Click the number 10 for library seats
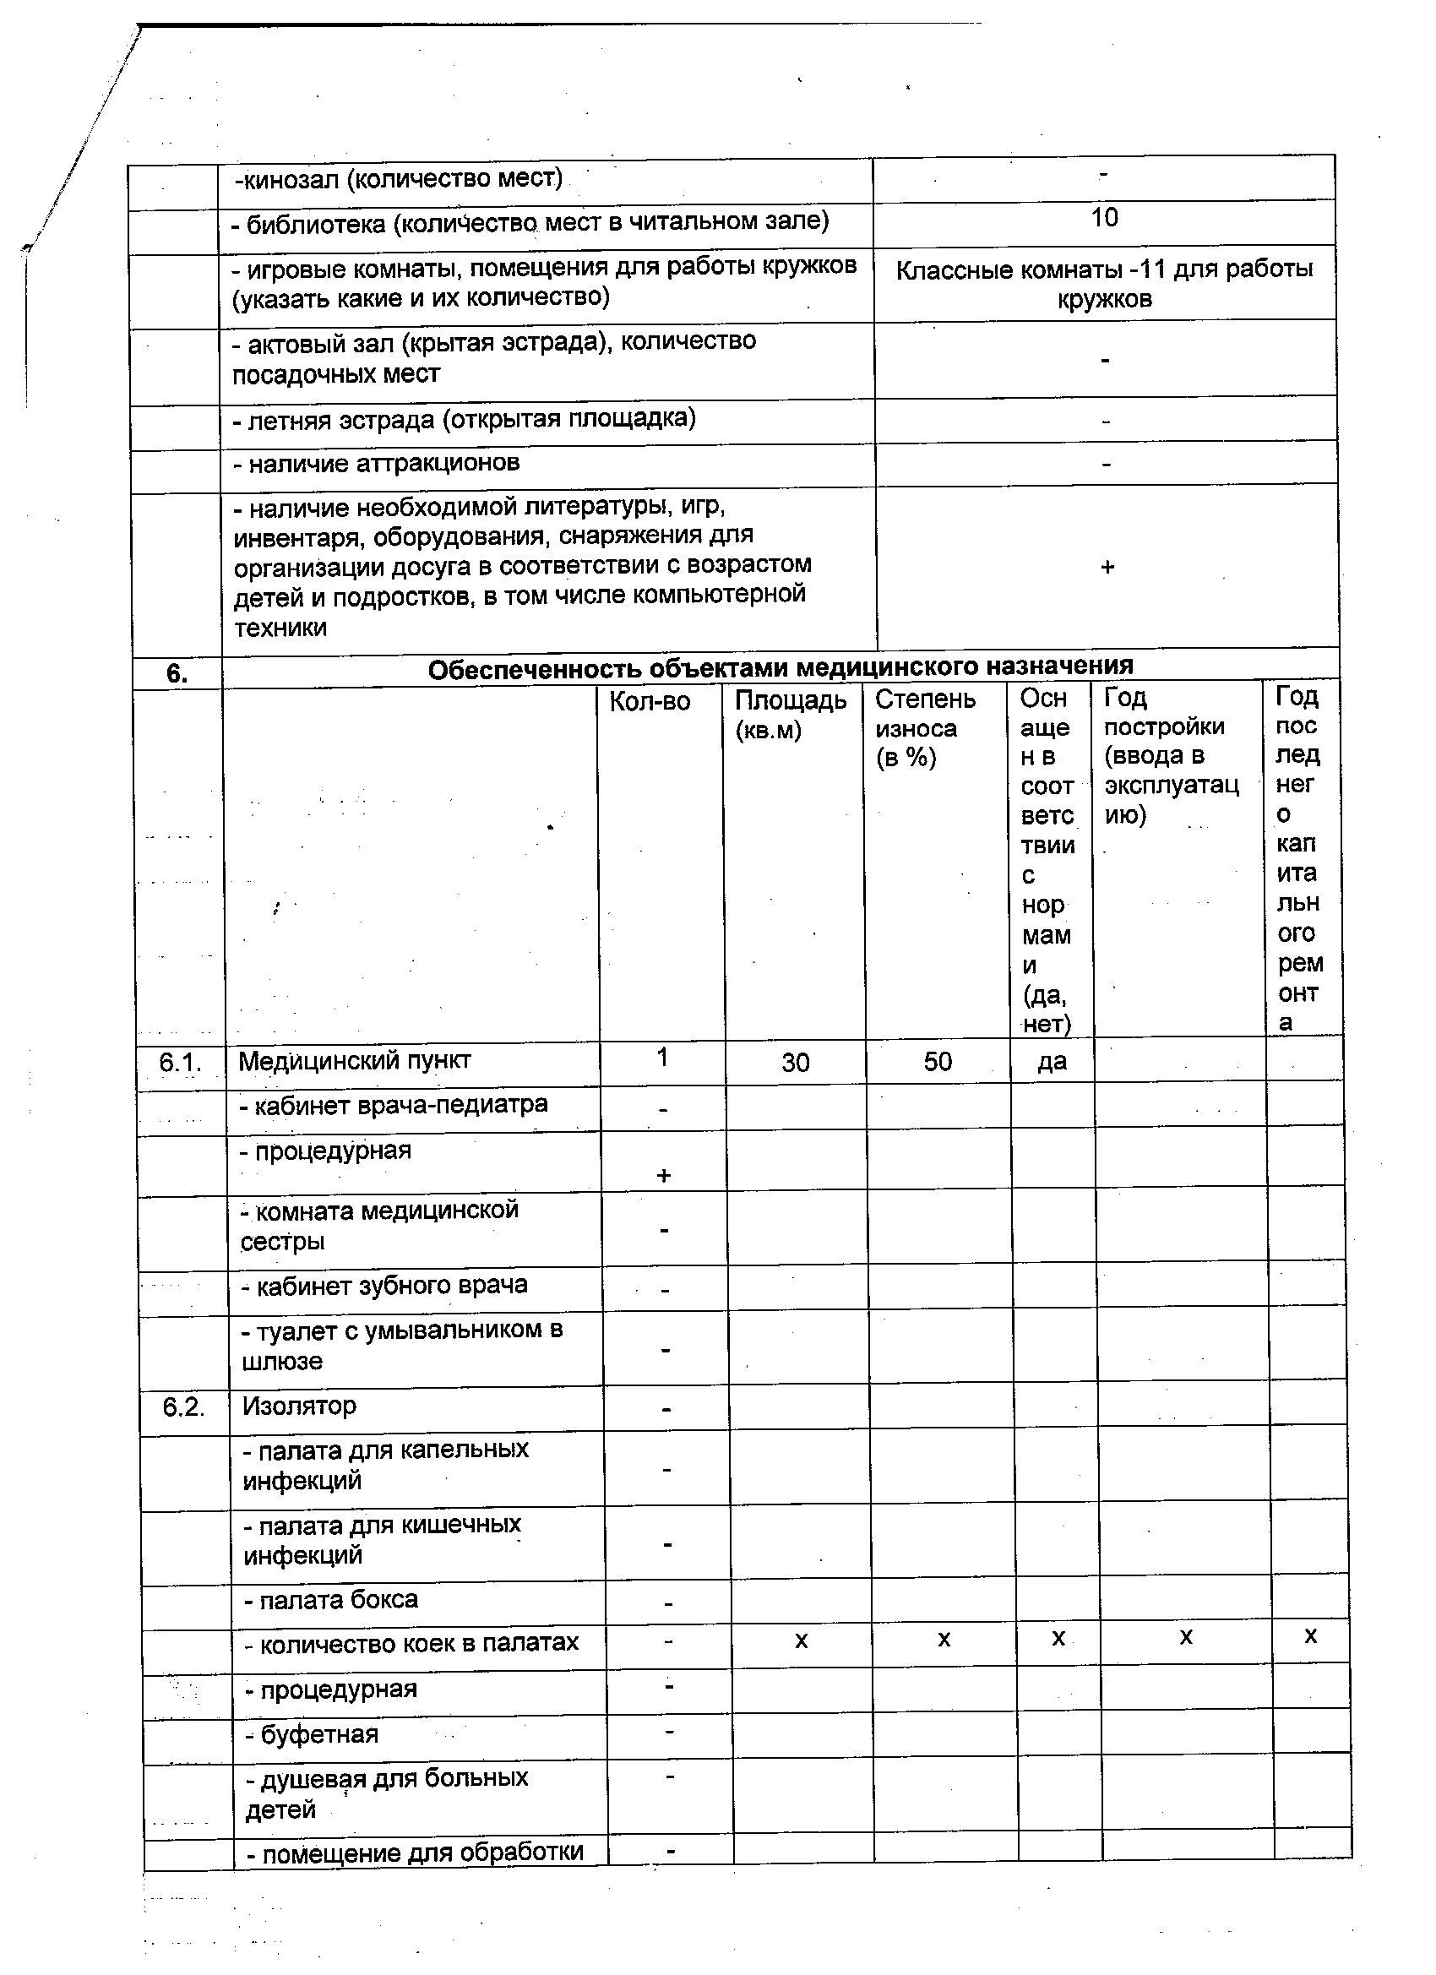pos(1103,218)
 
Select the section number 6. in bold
pos(177,673)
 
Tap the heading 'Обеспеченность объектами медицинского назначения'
pos(781,668)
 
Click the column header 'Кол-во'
pos(650,702)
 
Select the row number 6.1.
pos(180,1063)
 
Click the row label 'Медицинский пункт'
pos(355,1061)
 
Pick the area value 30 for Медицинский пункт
pos(795,1063)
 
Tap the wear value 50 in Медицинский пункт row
pos(937,1062)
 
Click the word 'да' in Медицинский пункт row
pos(1052,1062)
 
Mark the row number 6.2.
pos(184,1406)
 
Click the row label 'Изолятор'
pos(300,1406)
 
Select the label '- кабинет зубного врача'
pos(385,1287)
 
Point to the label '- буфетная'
pos(313,1734)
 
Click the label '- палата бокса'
pos(331,1600)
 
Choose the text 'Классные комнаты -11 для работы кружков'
pos(1104,285)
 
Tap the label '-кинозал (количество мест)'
pos(399,179)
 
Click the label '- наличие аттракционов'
pos(376,463)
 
